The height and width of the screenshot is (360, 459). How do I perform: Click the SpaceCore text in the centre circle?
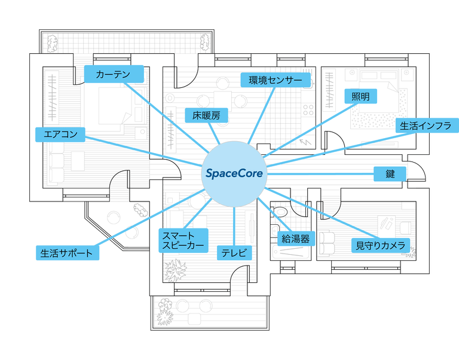(x=234, y=173)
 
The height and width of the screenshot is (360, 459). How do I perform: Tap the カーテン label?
(x=114, y=74)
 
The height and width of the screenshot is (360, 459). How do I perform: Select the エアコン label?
(x=60, y=134)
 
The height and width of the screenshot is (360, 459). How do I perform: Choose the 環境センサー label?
(x=276, y=80)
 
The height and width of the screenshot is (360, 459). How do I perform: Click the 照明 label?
(x=360, y=96)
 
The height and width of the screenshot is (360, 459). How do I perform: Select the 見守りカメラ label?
(x=381, y=245)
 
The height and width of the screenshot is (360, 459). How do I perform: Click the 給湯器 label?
(x=295, y=239)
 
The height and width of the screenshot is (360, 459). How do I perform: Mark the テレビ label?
(x=234, y=253)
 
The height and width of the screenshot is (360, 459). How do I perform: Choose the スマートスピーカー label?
(x=182, y=240)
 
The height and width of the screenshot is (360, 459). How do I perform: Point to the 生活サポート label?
(x=66, y=253)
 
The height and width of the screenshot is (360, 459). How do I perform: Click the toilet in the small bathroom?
(x=280, y=212)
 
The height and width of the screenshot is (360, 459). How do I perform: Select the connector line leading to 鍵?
(x=323, y=173)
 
